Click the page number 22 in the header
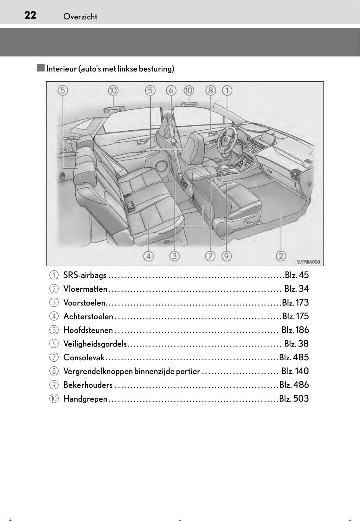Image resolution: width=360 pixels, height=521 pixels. (30, 15)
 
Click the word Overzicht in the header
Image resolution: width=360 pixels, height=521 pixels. (80, 17)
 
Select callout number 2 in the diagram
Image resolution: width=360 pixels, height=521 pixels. (281, 256)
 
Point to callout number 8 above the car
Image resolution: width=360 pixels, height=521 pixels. (210, 91)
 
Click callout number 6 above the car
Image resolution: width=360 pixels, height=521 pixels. (171, 91)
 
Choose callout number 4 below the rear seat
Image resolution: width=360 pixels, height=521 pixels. (148, 256)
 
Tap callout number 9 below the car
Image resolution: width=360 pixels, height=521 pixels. (226, 256)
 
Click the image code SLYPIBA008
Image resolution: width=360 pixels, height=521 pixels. (308, 262)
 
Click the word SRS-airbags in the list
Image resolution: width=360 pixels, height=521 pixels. (84, 275)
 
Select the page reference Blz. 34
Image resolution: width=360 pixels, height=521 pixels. (296, 289)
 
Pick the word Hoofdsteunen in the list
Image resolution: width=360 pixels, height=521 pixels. (88, 330)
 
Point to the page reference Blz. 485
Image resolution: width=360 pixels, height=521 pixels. (294, 358)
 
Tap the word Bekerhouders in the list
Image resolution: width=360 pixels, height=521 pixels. (88, 385)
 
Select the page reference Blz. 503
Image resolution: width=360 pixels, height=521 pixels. (294, 399)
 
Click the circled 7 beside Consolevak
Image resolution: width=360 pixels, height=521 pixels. (54, 358)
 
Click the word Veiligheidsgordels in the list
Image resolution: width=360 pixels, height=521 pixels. (95, 344)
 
